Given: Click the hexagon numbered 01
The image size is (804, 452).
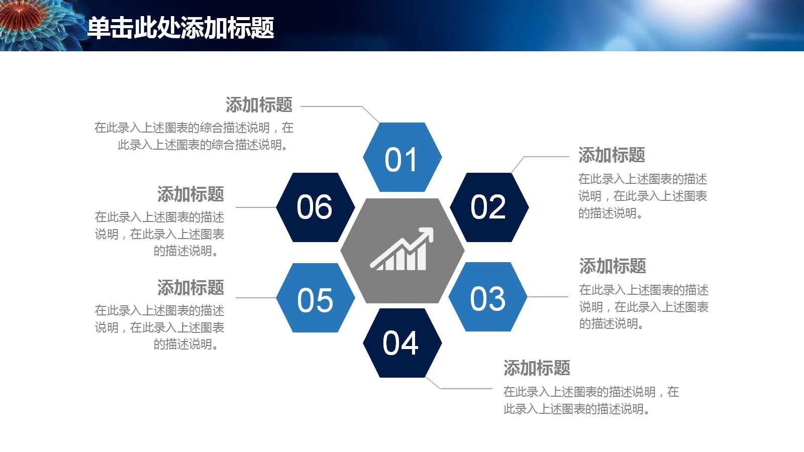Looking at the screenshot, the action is [402, 157].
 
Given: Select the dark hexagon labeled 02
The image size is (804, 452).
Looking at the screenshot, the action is [489, 207].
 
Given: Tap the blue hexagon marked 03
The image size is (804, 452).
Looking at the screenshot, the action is [488, 297].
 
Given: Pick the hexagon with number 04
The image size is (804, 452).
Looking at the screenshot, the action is [402, 343].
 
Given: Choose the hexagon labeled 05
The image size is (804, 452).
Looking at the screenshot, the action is [316, 298].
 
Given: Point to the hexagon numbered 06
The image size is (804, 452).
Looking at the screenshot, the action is [316, 207].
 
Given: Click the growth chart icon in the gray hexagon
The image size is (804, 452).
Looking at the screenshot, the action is [402, 249].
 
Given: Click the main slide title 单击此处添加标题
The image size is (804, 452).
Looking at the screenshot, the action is [180, 28].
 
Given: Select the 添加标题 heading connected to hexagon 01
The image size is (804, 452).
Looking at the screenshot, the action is [259, 105].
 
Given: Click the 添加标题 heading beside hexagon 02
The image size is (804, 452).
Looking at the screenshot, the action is [612, 155].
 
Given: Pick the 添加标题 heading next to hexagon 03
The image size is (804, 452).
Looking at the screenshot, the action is [613, 266].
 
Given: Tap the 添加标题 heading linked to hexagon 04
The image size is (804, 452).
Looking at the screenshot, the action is [537, 368].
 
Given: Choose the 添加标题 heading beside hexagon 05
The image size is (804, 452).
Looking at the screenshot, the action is [190, 287].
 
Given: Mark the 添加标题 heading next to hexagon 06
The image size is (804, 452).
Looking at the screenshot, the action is [190, 194].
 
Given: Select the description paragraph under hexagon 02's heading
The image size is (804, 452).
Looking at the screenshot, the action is [643, 196].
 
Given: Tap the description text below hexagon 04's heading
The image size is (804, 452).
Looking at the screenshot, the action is [591, 400].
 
